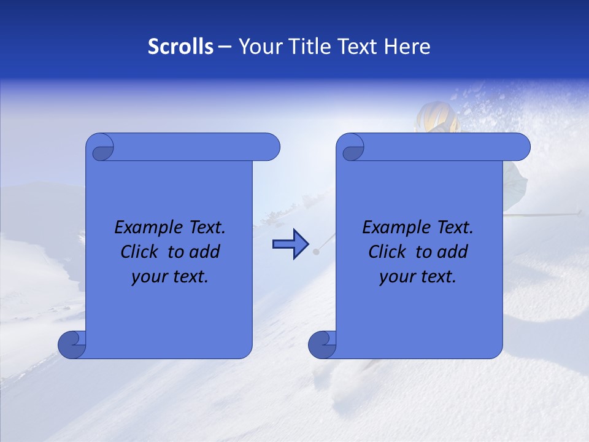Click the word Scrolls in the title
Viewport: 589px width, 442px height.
pos(180,47)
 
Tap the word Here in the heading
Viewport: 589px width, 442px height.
pos(407,47)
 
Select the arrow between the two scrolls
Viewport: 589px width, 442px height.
pos(290,244)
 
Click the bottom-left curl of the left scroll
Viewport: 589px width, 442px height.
pos(72,345)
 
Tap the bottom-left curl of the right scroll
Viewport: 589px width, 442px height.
pos(321,345)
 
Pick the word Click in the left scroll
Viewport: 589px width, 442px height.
pos(140,252)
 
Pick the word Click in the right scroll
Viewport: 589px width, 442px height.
pos(387,252)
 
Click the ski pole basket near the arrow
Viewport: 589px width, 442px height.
pos(316,252)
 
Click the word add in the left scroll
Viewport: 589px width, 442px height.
pos(204,252)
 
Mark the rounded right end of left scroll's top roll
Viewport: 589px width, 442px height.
pos(271,147)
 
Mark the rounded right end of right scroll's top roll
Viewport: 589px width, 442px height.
pos(521,147)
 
